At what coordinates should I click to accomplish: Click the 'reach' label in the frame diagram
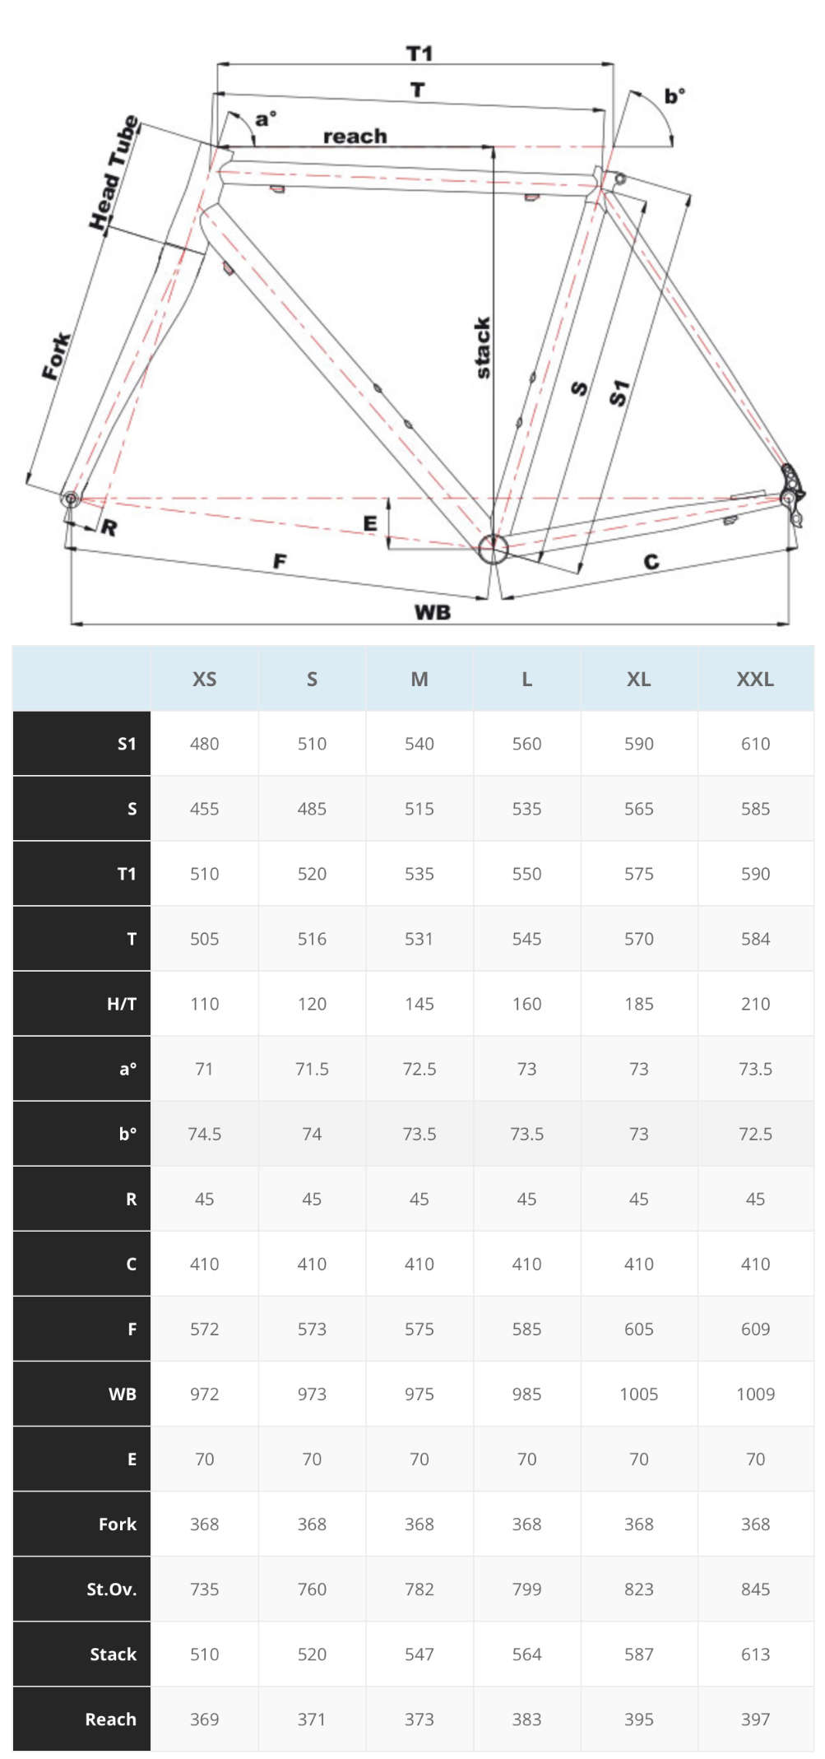355,136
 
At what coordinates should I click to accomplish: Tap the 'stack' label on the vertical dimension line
483,348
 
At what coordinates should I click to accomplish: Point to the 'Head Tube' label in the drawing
114,173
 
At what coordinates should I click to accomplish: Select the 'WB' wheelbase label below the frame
433,612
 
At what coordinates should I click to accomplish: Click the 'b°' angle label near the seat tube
674,96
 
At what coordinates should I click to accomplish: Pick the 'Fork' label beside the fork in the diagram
56,356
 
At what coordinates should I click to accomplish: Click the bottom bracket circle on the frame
494,549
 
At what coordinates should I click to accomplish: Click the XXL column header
755,680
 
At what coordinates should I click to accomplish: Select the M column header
419,680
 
